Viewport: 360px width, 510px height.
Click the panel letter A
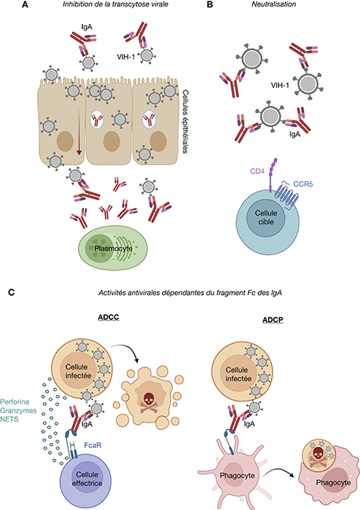click(x=25, y=4)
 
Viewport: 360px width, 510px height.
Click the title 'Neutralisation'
click(x=274, y=4)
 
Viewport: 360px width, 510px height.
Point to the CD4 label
click(x=257, y=171)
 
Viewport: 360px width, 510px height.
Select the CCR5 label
click(x=303, y=184)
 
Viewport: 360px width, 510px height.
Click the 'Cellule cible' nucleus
click(x=266, y=218)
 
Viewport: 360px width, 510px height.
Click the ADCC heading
click(x=109, y=317)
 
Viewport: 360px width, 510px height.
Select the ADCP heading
click(x=273, y=320)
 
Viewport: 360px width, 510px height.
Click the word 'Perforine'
click(x=15, y=402)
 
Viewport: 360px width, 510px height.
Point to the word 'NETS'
click(x=9, y=419)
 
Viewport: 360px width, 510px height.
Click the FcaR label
click(x=93, y=445)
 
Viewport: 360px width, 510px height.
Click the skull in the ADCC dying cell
click(x=148, y=398)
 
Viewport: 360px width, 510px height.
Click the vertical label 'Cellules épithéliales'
click(x=185, y=122)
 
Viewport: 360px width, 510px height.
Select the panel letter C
click(x=11, y=292)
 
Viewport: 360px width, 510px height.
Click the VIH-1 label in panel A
click(x=126, y=58)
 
